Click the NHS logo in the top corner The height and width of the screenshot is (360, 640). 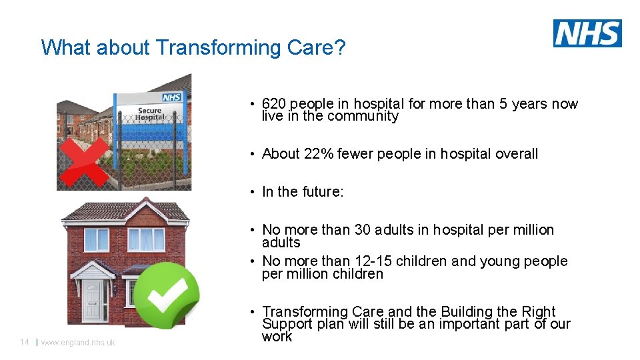[587, 33]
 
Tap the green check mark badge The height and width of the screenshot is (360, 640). [173, 296]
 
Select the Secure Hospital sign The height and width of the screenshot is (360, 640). [150, 113]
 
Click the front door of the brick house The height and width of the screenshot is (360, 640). [95, 301]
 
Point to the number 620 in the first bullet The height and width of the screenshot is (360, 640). [275, 104]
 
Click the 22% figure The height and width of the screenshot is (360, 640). [319, 154]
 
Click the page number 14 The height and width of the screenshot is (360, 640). [24, 342]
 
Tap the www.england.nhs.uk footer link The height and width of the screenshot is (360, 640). [78, 343]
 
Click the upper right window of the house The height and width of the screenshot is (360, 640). [146, 239]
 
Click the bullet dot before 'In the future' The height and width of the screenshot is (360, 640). [254, 193]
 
